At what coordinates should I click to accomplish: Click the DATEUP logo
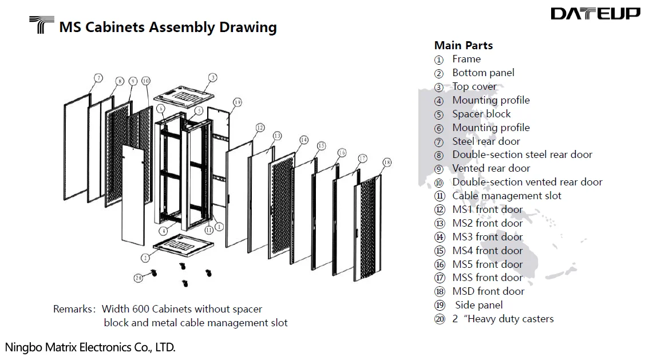(595, 14)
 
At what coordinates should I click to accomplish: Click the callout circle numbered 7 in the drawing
(98, 78)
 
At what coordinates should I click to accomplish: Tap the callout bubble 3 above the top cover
(212, 77)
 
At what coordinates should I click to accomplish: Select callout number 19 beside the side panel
(238, 102)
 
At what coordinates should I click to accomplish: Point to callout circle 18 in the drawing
(387, 163)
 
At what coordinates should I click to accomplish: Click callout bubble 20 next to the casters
(138, 278)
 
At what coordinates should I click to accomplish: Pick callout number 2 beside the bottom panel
(146, 258)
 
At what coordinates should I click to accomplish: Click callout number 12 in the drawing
(260, 128)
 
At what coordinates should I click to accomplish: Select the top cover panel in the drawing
(183, 93)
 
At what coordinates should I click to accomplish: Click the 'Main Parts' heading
(463, 46)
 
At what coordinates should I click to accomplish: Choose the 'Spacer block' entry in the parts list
(481, 114)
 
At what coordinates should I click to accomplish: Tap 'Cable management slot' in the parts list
(506, 196)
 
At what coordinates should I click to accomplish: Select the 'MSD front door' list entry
(488, 291)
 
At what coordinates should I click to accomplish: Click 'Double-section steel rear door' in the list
(522, 155)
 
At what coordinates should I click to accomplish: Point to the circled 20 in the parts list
(440, 319)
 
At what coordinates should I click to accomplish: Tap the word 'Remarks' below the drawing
(72, 309)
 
